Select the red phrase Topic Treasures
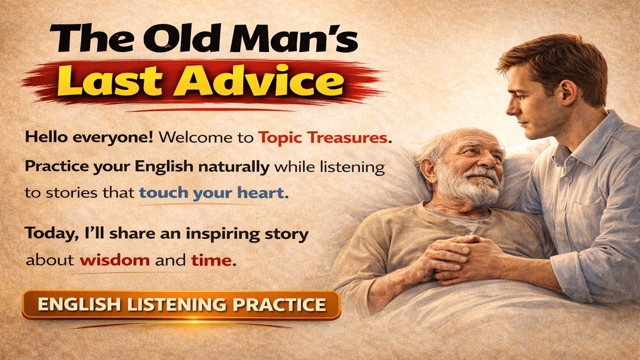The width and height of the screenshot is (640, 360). tap(323, 137)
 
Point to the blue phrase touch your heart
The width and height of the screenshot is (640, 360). tap(211, 192)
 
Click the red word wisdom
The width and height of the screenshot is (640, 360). tap(114, 260)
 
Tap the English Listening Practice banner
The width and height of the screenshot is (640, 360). tap(181, 304)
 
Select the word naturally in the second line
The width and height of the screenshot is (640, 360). tap(234, 166)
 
